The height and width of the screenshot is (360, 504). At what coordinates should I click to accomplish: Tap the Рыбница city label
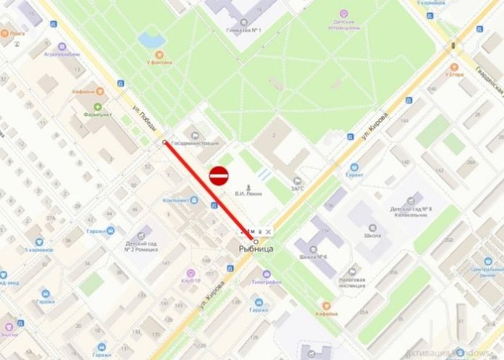256,249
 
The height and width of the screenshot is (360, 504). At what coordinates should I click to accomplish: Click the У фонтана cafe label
159,63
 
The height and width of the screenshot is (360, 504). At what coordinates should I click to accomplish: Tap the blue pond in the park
151,39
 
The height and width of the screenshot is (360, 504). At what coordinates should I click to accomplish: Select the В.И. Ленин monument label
248,193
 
